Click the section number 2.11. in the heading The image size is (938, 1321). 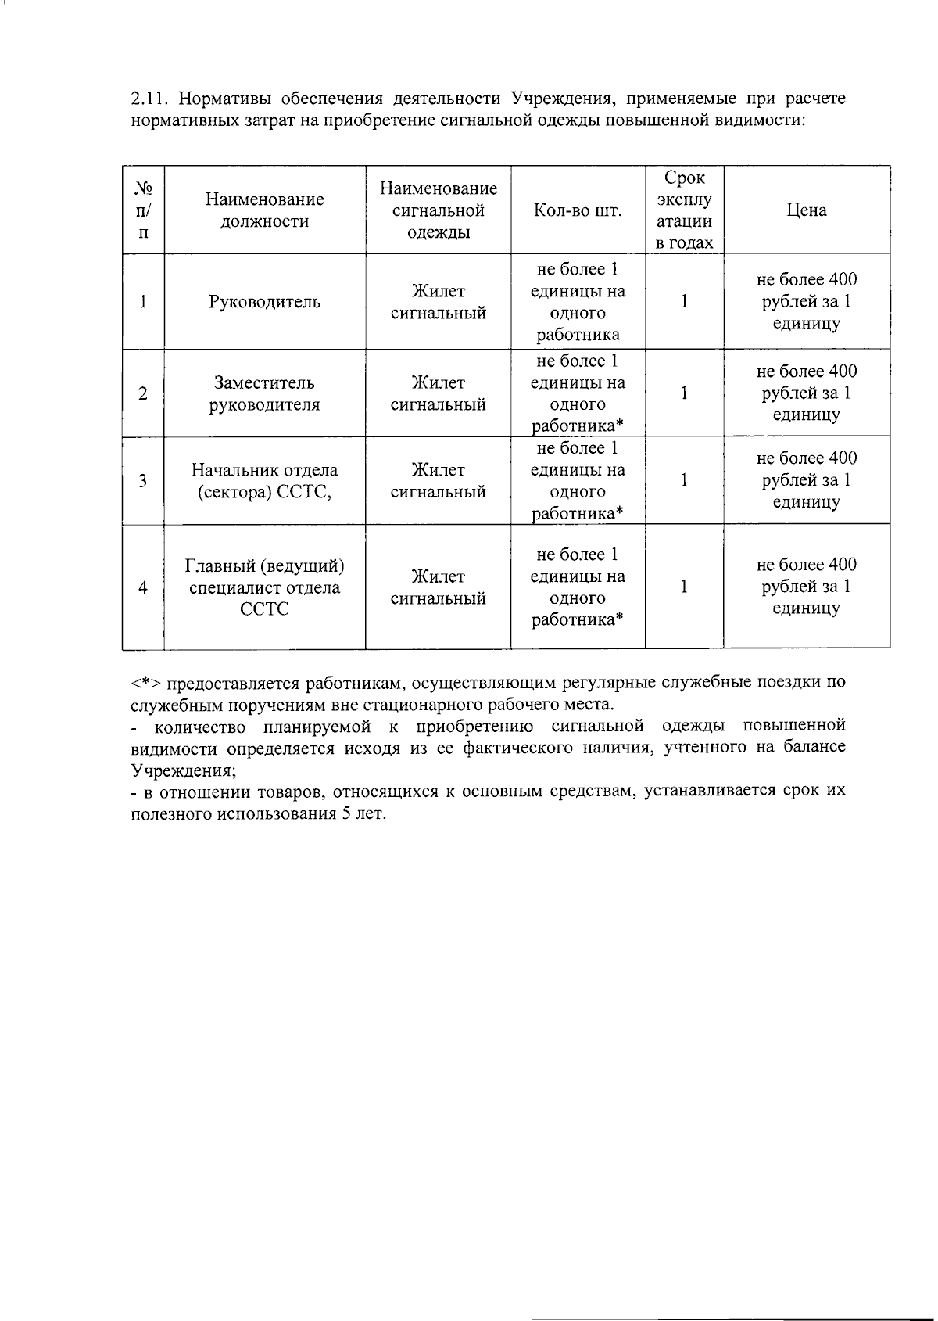click(150, 99)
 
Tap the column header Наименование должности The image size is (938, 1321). click(264, 210)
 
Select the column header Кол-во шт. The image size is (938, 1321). click(578, 210)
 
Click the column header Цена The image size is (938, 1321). click(806, 210)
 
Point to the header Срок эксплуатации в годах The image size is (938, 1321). click(684, 210)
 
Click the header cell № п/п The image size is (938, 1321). click(143, 210)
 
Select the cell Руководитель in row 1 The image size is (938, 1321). click(264, 302)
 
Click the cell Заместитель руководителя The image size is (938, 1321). click(264, 393)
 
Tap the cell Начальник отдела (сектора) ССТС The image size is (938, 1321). click(264, 481)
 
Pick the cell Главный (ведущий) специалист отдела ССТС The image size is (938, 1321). click(264, 587)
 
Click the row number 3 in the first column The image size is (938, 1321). click(143, 481)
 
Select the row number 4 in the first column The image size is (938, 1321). click(143, 587)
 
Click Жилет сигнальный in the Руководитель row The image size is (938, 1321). click(438, 302)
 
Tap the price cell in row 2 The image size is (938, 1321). click(806, 393)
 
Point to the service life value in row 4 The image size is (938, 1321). click(684, 587)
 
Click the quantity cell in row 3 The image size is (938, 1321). click(578, 481)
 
